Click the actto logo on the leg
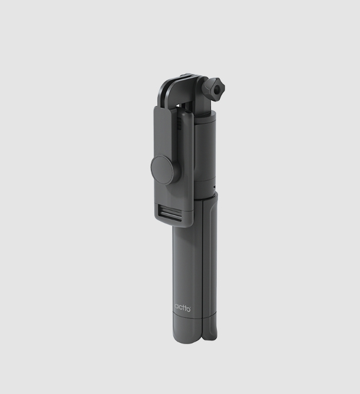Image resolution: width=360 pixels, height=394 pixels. point(183,307)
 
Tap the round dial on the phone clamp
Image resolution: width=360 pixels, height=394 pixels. point(165,170)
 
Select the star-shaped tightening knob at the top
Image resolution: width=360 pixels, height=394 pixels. point(214,88)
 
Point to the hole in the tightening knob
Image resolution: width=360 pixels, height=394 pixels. point(216,89)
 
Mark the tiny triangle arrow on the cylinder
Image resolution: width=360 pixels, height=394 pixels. point(214,187)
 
